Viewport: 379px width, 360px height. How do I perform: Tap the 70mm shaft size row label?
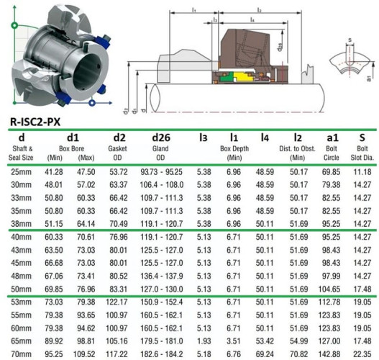22,355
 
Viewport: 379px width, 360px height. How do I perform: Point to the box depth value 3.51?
233,342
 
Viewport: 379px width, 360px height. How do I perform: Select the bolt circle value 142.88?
330,355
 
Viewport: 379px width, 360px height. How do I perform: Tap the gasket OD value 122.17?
119,302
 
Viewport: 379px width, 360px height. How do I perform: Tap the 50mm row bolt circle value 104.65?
330,289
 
